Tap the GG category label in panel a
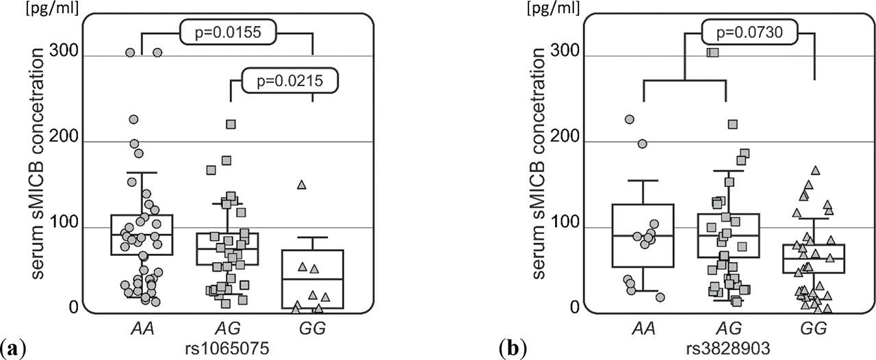(x=313, y=329)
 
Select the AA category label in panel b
(x=643, y=329)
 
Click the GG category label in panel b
(x=812, y=329)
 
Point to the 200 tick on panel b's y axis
(x=561, y=142)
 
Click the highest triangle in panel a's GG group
(x=301, y=185)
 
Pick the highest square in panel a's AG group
(x=231, y=124)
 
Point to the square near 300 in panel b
(x=712, y=52)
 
